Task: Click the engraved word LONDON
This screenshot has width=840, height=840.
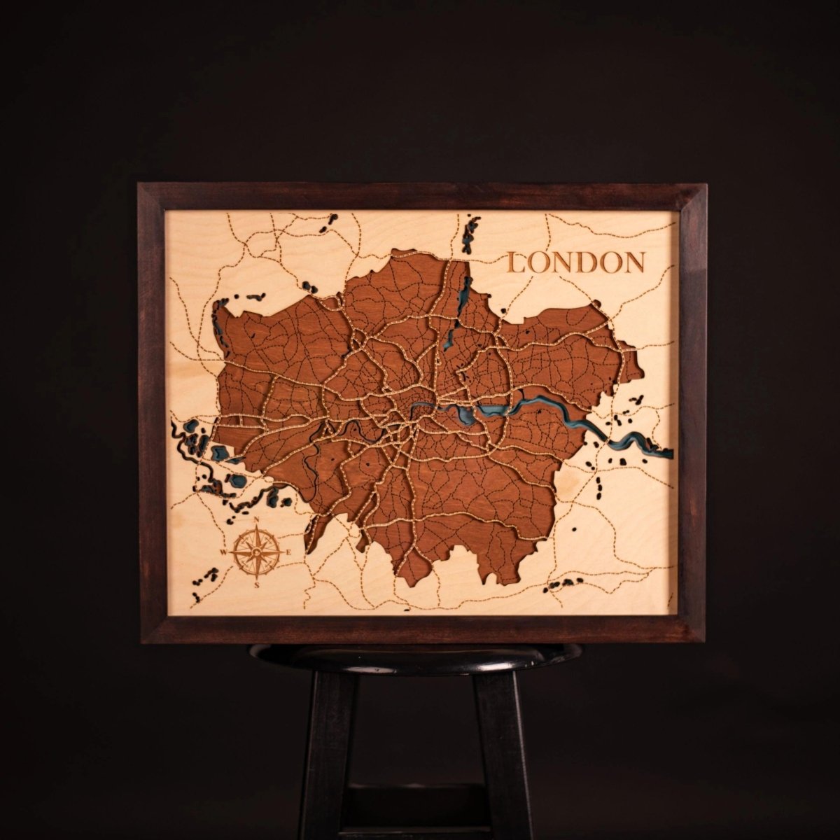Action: click(575, 262)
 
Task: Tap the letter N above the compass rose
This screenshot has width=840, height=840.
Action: click(258, 519)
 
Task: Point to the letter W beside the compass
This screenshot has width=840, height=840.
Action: click(224, 552)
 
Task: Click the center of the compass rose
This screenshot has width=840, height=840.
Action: click(257, 552)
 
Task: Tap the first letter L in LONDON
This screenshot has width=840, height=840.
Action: click(519, 262)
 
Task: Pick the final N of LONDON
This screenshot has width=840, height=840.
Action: click(633, 262)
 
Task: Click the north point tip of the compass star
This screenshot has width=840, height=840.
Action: click(257, 531)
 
